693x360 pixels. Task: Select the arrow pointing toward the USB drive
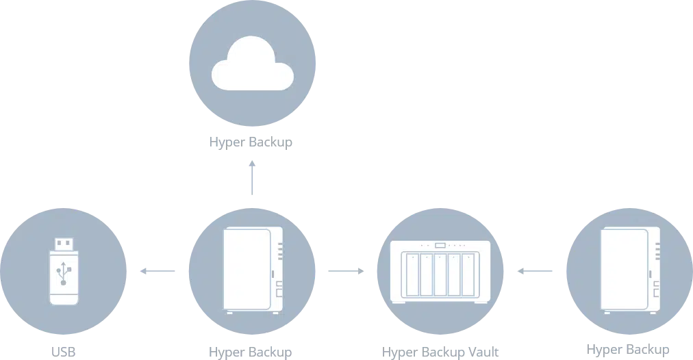[x=156, y=272]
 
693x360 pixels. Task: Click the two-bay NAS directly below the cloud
[x=251, y=271]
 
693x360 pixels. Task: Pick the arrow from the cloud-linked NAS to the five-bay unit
[x=345, y=272]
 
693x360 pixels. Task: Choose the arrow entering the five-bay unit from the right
[x=534, y=272]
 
